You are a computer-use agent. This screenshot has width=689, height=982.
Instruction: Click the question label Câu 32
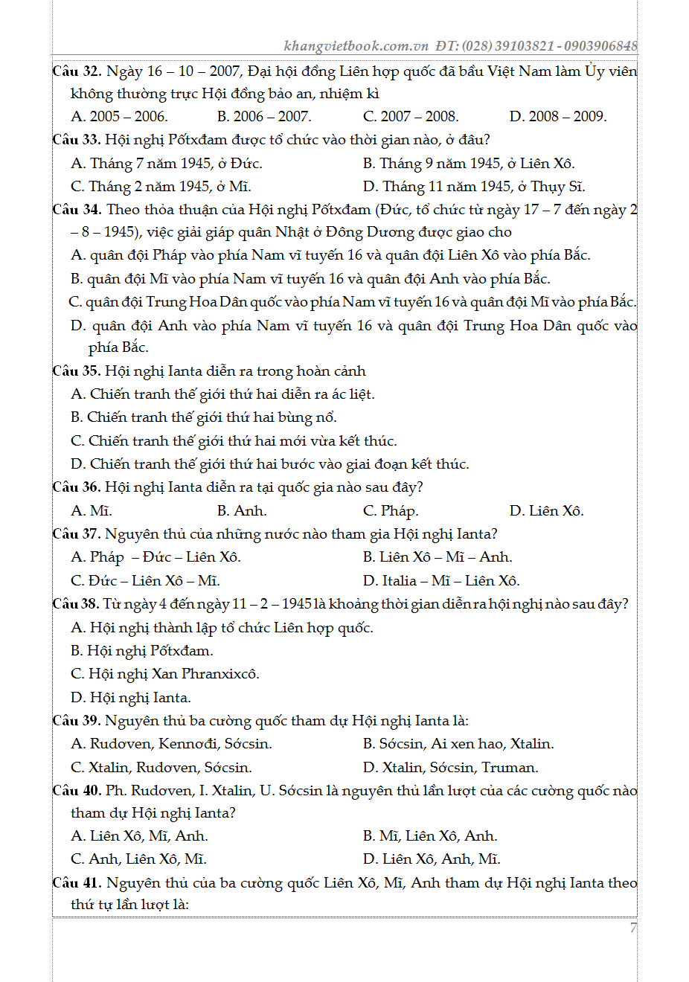[77, 71]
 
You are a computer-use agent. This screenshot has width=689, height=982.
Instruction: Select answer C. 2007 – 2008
[411, 117]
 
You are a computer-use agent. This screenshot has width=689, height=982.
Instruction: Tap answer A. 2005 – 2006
[119, 117]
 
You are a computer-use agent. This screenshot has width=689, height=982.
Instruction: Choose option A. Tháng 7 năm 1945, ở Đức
[167, 164]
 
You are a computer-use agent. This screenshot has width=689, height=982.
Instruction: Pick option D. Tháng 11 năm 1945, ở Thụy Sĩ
[474, 187]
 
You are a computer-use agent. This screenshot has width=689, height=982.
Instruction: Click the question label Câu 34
[77, 210]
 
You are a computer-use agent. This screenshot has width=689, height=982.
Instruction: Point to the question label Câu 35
[77, 371]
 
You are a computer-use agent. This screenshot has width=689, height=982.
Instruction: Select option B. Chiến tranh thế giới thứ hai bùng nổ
[204, 417]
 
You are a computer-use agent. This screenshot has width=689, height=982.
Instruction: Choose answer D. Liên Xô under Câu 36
[547, 511]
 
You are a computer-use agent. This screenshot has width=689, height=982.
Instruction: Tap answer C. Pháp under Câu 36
[391, 511]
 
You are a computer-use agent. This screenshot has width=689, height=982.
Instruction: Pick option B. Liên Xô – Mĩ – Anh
[438, 557]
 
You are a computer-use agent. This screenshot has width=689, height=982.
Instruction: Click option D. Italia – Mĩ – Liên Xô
[441, 581]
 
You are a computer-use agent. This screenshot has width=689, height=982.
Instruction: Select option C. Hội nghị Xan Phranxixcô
[165, 674]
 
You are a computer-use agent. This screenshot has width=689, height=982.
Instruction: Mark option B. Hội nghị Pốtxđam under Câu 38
[142, 651]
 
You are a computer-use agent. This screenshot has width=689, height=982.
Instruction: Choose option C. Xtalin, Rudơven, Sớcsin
[161, 768]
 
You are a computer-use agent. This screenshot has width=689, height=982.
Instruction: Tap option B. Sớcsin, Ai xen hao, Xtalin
[458, 744]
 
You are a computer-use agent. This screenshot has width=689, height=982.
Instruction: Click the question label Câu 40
[77, 791]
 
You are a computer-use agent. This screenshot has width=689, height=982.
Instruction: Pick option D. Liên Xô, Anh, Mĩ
[432, 859]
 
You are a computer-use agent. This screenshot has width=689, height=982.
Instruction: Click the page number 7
[633, 928]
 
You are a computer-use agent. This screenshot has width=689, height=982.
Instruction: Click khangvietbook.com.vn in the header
[356, 46]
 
